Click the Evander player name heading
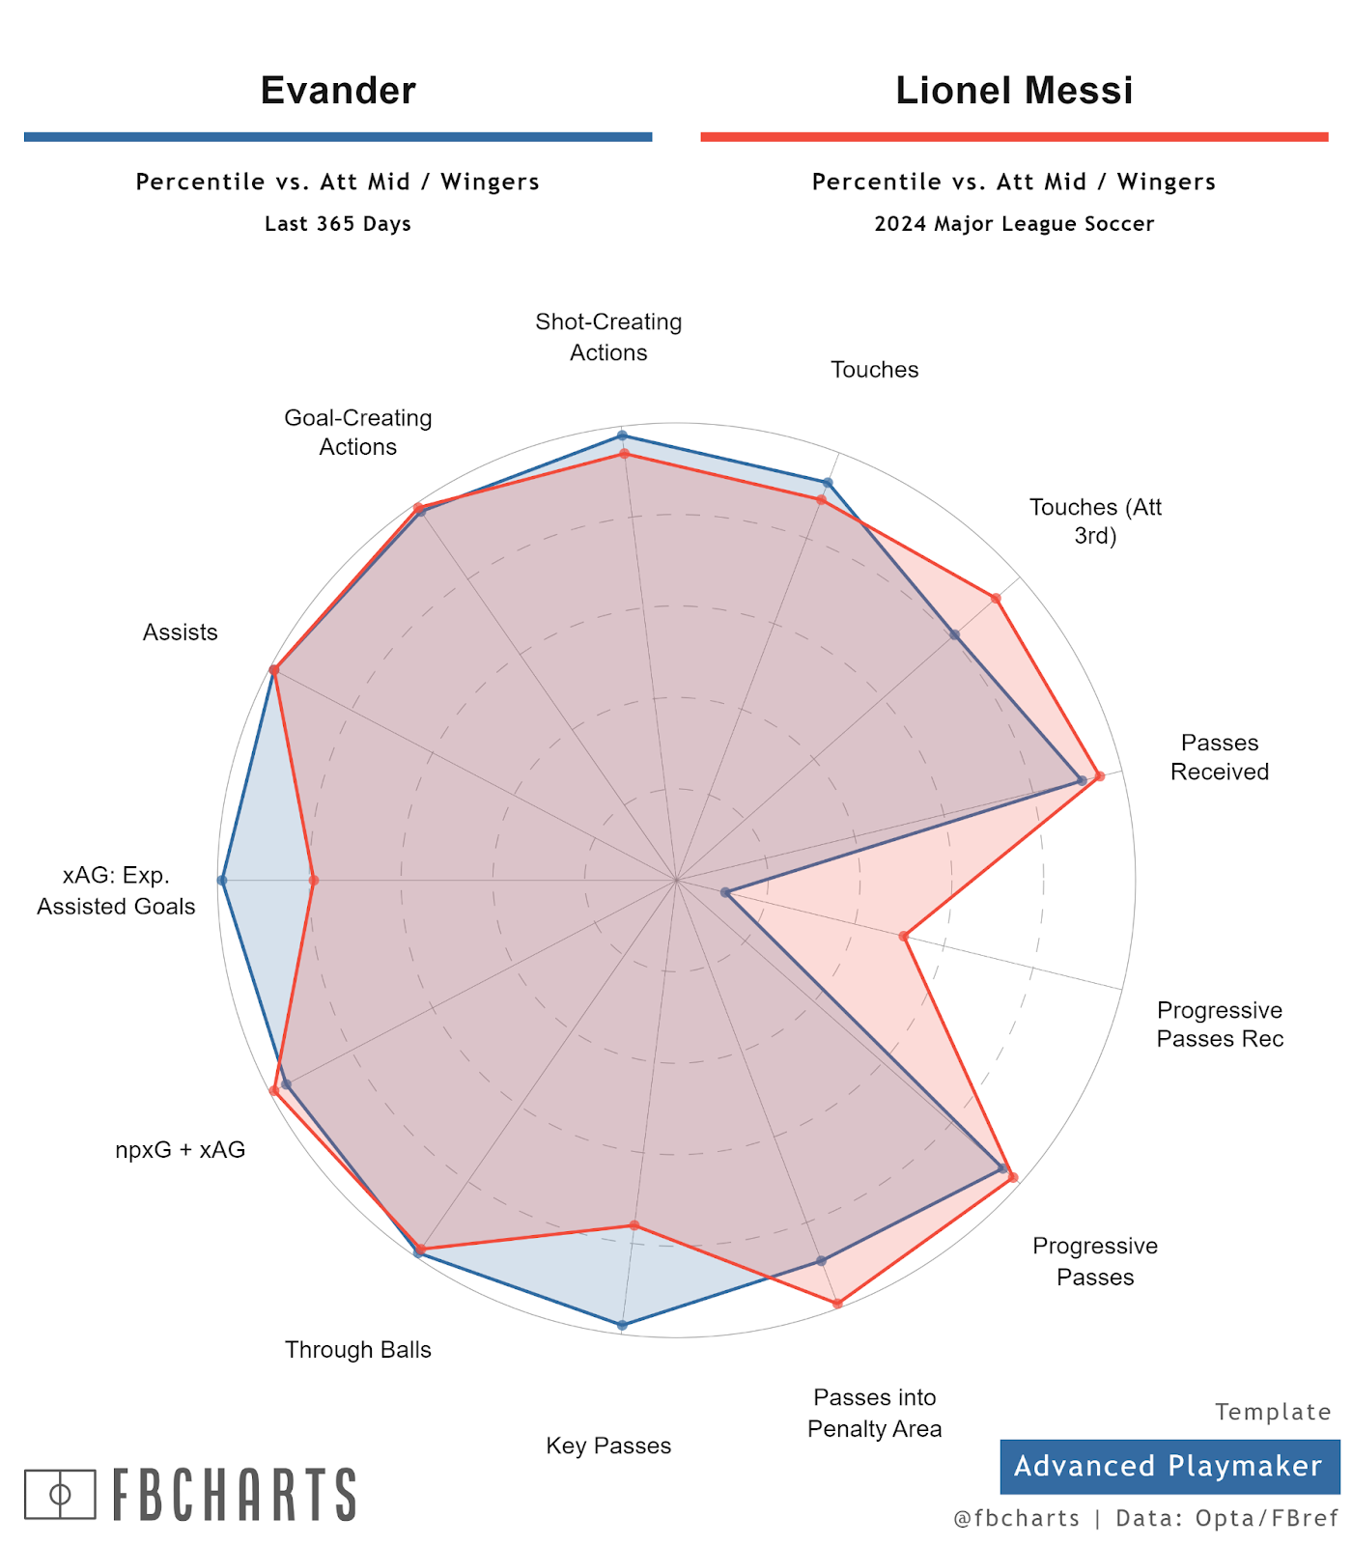click(338, 91)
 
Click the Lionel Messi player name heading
click(1014, 91)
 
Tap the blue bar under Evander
click(338, 137)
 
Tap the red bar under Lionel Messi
click(1014, 137)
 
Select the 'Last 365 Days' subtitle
click(338, 224)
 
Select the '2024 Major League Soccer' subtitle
click(1014, 224)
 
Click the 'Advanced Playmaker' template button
click(1169, 1466)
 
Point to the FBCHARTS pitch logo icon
click(60, 1494)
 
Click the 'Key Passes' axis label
click(608, 1446)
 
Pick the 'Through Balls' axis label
click(357, 1350)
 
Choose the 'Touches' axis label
click(874, 370)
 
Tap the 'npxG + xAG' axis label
click(181, 1150)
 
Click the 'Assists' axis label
click(181, 632)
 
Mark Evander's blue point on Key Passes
click(622, 1325)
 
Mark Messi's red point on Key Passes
click(634, 1225)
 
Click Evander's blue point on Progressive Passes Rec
click(726, 892)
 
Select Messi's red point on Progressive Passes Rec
click(904, 936)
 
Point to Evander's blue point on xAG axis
click(222, 881)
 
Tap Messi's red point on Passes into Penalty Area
click(837, 1304)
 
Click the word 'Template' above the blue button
click(1273, 1412)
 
